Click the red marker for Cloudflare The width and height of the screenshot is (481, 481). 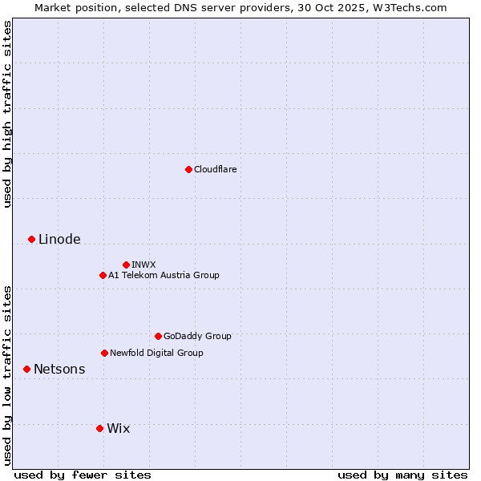point(188,169)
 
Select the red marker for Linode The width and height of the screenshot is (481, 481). point(31,239)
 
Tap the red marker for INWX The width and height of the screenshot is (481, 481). point(126,265)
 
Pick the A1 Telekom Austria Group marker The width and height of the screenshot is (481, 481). point(103,275)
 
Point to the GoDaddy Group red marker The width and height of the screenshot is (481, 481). point(158,336)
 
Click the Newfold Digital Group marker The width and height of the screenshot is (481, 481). point(104,353)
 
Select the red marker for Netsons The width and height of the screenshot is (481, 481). point(26,369)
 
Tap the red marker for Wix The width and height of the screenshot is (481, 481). point(99,428)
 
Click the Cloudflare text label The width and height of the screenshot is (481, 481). point(215,169)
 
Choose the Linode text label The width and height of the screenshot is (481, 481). point(59,239)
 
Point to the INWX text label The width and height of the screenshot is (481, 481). point(143,265)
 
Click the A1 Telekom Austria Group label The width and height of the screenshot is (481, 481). point(164,275)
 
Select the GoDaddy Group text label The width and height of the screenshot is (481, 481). point(197,336)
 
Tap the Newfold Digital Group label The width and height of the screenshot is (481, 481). point(156,353)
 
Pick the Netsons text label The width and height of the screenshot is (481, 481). point(59,369)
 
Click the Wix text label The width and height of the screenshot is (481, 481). point(118,428)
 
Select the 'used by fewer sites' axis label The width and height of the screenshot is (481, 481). point(83,475)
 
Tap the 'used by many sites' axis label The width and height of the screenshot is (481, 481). point(402,475)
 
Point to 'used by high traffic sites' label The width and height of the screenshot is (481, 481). point(7,115)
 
